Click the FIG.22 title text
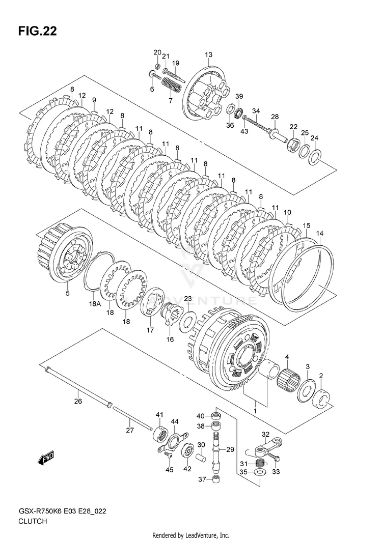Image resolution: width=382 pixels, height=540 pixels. click(x=37, y=32)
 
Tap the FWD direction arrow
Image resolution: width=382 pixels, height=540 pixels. click(x=46, y=458)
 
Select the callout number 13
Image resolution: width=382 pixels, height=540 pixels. click(x=208, y=55)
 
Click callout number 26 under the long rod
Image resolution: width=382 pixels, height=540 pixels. click(x=78, y=401)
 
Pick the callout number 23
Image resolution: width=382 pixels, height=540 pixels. click(x=187, y=299)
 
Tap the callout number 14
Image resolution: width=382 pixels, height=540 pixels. click(x=319, y=234)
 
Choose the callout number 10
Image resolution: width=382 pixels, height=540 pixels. click(x=288, y=212)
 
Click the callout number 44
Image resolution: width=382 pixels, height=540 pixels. click(x=174, y=421)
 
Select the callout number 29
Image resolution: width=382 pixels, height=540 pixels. click(x=230, y=449)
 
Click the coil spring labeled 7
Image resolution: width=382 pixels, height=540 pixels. click(x=172, y=84)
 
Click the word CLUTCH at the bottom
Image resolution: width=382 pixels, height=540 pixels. click(x=33, y=522)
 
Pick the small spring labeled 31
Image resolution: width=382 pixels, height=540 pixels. click(x=259, y=463)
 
